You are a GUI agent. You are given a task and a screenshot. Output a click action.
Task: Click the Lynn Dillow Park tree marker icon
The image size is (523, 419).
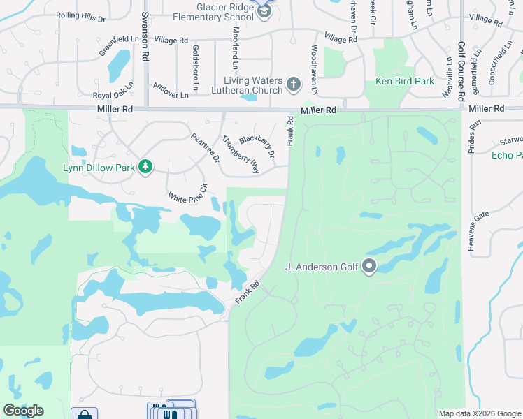145,166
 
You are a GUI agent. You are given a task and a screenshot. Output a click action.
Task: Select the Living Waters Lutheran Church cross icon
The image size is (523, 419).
294,85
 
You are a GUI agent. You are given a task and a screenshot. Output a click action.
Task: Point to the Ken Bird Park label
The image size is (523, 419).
405,81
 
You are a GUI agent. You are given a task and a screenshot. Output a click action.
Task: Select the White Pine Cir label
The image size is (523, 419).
188,193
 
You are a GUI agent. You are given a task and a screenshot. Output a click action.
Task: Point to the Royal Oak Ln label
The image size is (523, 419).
113,96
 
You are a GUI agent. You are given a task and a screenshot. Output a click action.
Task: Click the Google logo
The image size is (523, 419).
23,411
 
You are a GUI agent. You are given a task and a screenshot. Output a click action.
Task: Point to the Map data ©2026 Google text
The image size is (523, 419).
479,413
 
